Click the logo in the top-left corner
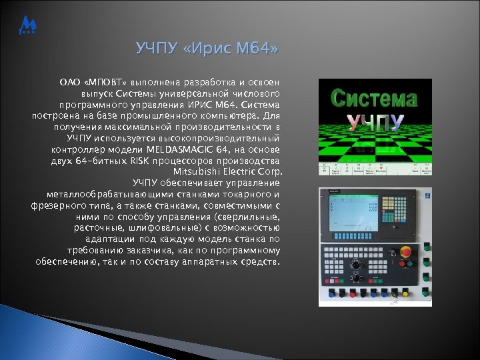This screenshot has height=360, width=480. click(x=29, y=26)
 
